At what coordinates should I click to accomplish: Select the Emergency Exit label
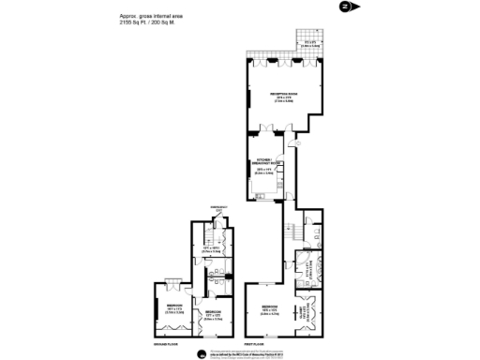pyautogui.click(x=217, y=209)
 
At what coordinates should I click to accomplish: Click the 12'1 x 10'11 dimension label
pyautogui.click(x=215, y=250)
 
